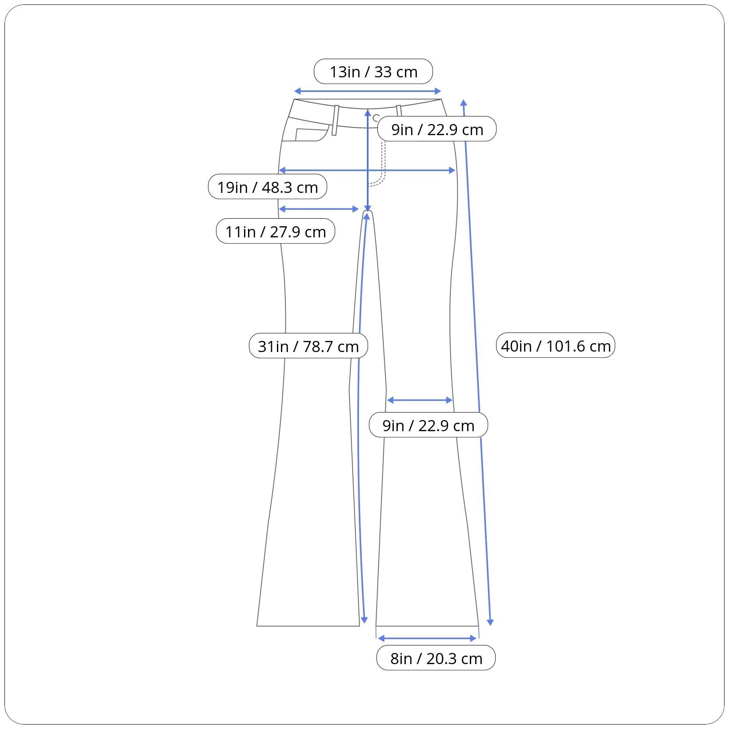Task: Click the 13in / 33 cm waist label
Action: [373, 72]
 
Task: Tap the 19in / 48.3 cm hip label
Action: [268, 187]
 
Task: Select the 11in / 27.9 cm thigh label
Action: [276, 232]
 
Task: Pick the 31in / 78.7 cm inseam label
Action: [308, 346]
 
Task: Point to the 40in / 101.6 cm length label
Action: [556, 345]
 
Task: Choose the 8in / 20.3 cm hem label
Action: [436, 658]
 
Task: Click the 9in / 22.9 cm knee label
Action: [429, 425]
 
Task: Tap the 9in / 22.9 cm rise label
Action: [437, 129]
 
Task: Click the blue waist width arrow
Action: [368, 92]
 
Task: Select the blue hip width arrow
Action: [367, 170]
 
